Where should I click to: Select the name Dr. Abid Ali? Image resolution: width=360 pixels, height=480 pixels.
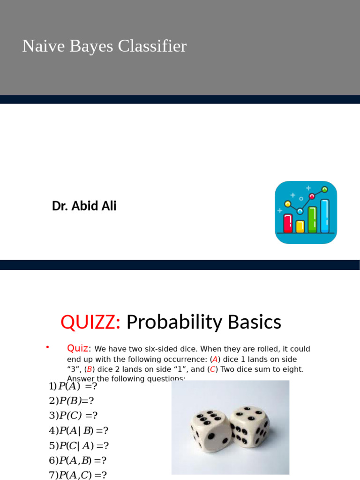click(x=84, y=206)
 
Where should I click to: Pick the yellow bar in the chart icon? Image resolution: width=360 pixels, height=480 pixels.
click(x=300, y=226)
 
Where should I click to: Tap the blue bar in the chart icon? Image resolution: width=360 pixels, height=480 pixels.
click(x=324, y=216)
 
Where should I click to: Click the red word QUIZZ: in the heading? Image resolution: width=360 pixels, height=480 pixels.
click(x=90, y=322)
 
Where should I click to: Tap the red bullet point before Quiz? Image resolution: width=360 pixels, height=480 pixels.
click(x=47, y=347)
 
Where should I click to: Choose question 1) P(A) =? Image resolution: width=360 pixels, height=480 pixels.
click(x=73, y=386)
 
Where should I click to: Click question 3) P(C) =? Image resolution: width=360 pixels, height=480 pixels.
click(x=73, y=416)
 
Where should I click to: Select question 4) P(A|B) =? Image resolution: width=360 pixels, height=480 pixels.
click(x=78, y=431)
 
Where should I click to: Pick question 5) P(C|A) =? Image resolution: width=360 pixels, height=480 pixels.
click(x=78, y=446)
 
